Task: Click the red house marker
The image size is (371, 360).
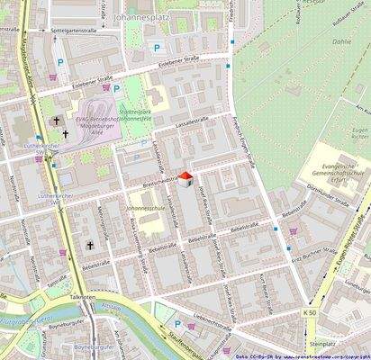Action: (x=185, y=179)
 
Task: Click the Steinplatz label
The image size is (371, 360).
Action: (x=321, y=343)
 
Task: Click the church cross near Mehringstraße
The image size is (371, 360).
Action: (x=90, y=245)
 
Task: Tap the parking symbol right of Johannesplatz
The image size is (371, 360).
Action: (x=156, y=48)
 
